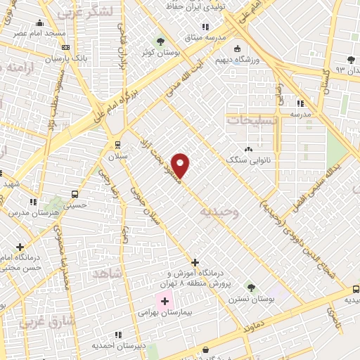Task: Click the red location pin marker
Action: (x=181, y=165)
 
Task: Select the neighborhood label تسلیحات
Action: (x=252, y=120)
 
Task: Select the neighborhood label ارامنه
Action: (x=25, y=68)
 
